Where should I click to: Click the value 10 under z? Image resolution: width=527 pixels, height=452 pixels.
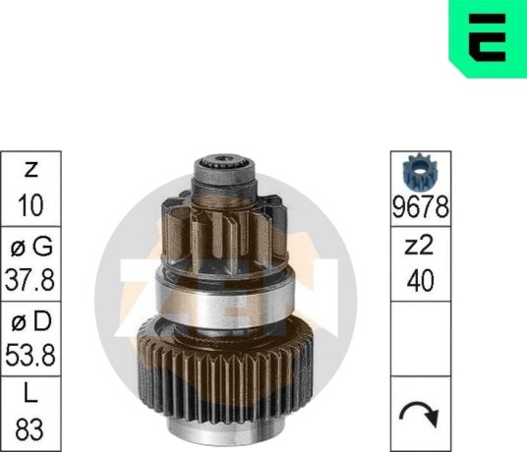[30, 204]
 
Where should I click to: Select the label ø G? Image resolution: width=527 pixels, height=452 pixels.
[31, 248]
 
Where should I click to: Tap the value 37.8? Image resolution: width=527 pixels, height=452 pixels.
[29, 280]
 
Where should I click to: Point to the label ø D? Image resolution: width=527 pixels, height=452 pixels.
[30, 321]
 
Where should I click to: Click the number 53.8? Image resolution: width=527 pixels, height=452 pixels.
[30, 355]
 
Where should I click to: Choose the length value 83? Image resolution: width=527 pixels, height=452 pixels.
[29, 429]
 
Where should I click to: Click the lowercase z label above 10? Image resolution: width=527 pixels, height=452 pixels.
[30, 170]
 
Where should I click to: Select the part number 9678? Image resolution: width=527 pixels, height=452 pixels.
[421, 207]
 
